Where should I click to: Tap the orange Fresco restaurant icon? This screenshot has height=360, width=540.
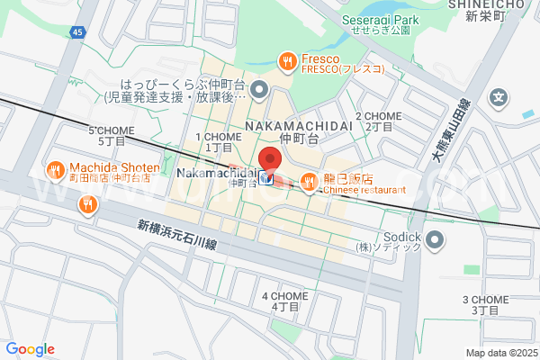[287, 60]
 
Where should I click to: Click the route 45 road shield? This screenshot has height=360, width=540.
[77, 32]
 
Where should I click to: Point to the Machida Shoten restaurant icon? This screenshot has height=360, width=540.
[55, 168]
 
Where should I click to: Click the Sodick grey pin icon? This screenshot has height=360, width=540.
[436, 239]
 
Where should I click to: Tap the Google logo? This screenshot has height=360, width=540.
[31, 349]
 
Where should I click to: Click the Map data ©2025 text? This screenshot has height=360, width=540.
[500, 353]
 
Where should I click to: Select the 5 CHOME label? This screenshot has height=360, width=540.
[111, 136]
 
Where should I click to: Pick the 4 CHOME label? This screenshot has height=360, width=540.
[284, 301]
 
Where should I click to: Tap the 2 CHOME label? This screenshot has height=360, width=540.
[379, 121]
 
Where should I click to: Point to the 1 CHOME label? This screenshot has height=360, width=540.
[219, 141]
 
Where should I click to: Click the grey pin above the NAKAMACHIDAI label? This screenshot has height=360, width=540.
[259, 88]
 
